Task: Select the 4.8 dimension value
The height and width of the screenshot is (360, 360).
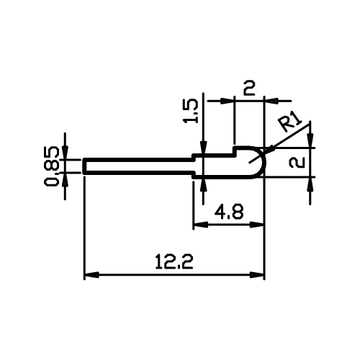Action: point(229,212)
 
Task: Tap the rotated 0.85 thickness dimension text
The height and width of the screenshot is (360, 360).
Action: point(51,166)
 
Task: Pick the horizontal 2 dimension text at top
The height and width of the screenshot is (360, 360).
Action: point(249,88)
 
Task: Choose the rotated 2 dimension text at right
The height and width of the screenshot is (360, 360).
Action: point(297,162)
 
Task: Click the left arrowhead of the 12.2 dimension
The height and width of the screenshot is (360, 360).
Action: point(91,275)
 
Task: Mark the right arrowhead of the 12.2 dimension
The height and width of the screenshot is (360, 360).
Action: point(257,275)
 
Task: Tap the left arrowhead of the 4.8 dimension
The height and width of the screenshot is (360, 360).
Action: point(201,225)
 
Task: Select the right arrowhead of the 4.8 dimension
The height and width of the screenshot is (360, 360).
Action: point(257,225)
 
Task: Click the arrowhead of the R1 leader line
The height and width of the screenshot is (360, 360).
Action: point(270,149)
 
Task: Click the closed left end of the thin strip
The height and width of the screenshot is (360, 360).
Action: point(84,166)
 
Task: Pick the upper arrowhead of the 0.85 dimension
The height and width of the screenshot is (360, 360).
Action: point(65,152)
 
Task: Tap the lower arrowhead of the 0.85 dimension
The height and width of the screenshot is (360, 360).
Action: point(65,180)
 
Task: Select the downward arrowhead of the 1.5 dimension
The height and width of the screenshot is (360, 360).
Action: point(203,147)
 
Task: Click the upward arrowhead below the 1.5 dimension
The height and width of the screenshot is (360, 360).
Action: point(203,185)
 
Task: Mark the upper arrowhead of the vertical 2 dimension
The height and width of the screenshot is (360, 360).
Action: point(310,140)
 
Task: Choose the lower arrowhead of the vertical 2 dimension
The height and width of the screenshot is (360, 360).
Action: point(310,184)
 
